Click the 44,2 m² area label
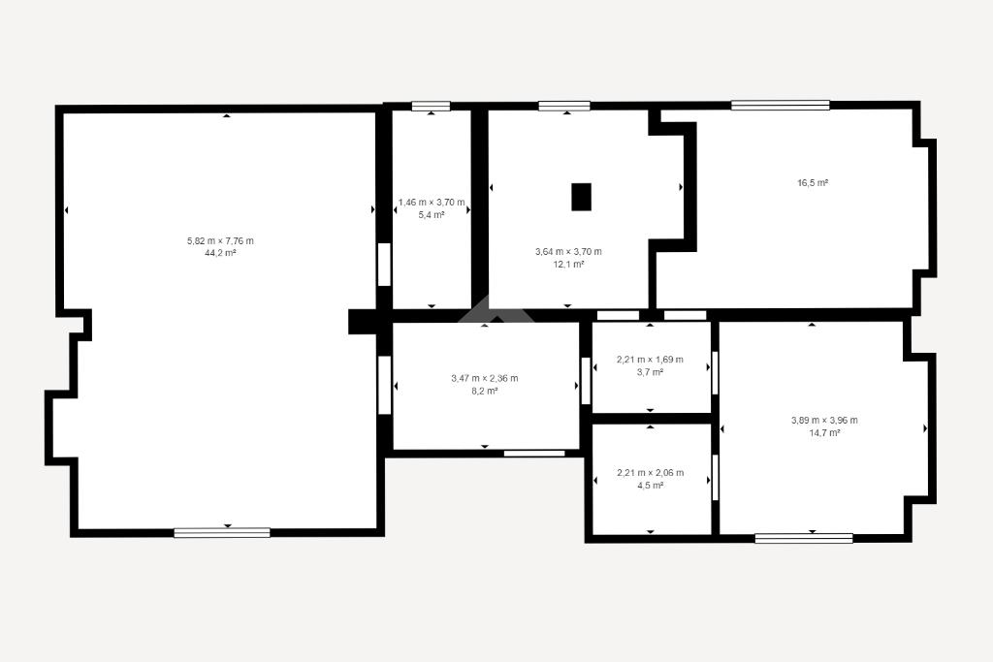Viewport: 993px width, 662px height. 220,253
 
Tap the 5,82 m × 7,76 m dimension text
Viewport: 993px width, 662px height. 220,240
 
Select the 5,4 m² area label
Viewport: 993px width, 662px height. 432,214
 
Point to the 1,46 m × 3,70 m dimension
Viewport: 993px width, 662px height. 432,202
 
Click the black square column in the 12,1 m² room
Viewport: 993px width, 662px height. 582,197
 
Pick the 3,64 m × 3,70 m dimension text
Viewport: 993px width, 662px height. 568,251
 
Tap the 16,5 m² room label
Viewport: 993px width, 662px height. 813,183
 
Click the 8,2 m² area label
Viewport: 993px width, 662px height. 485,392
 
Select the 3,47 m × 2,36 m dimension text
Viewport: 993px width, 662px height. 485,378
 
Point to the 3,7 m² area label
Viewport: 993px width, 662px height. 650,372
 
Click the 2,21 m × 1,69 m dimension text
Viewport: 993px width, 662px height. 650,360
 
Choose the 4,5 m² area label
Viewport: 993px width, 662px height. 650,486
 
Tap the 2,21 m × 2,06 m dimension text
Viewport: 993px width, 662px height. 650,473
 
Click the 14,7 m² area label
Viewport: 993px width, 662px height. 824,433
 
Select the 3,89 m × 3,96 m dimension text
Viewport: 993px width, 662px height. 824,421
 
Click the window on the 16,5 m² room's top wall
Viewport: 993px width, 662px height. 781,105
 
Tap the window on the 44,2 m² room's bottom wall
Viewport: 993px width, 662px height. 222,533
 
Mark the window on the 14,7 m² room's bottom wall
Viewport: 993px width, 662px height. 804,539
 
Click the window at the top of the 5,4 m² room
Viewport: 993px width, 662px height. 431,107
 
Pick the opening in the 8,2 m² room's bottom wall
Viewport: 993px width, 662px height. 534,454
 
